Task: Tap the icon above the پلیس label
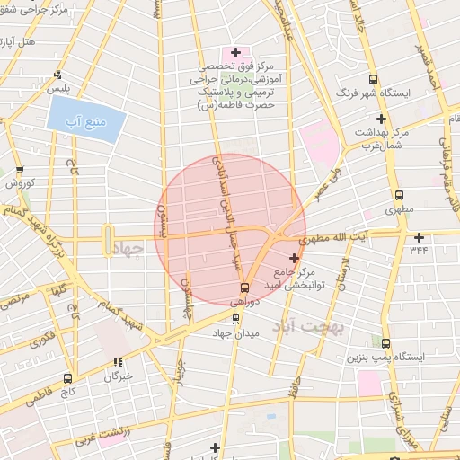point(58,75)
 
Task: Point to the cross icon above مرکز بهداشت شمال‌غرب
point(382,119)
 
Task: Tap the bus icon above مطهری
point(399,194)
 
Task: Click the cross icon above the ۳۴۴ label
point(419,238)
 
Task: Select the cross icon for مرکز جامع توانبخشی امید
point(294,258)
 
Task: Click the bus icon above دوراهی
point(244,288)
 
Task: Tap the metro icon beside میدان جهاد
point(236,318)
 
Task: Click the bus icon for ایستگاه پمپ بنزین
point(385,343)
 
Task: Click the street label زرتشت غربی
point(102,428)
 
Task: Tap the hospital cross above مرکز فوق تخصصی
point(235,53)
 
